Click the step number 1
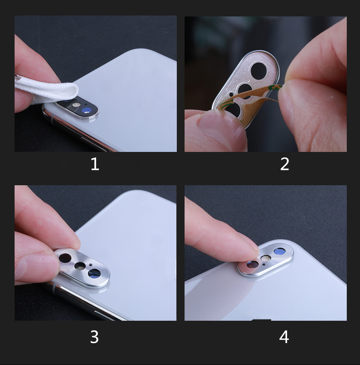tap(95, 164)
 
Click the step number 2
tap(285, 164)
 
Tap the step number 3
tap(94, 337)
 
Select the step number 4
tap(284, 337)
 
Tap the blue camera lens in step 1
tap(87, 110)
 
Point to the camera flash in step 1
tap(76, 105)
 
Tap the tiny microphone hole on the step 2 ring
tap(231, 94)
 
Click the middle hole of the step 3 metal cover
tap(80, 266)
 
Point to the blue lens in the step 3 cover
tap(94, 273)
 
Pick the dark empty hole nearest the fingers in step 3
tap(65, 258)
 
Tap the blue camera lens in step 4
tap(279, 251)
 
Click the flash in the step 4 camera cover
tap(266, 258)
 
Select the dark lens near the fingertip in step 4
tap(252, 265)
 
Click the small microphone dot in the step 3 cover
tap(90, 265)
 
